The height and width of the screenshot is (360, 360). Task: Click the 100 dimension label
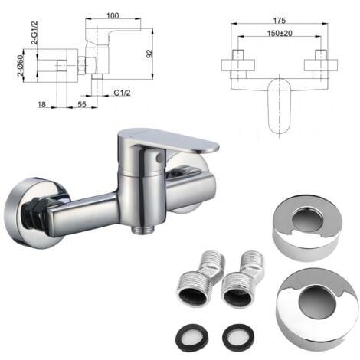tap(113, 15)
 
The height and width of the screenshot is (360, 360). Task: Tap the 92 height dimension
tap(149, 53)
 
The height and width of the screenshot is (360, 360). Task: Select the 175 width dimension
tap(280, 21)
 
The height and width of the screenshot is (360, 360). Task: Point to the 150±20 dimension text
tap(280, 33)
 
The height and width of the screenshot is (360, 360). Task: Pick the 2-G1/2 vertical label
tap(34, 33)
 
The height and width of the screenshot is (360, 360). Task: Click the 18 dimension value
tap(41, 104)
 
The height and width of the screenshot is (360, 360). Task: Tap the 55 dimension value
tap(81, 104)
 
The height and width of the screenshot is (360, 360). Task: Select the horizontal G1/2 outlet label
tap(122, 93)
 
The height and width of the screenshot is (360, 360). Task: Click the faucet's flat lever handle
tap(169, 139)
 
